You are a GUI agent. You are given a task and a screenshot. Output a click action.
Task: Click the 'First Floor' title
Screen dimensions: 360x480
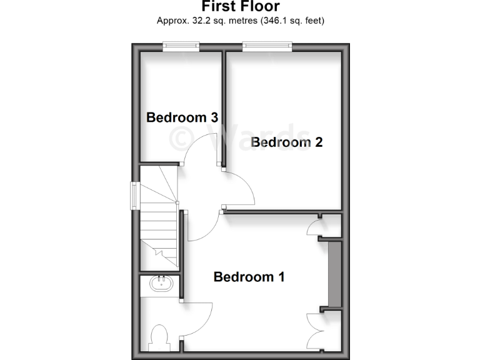(240, 6)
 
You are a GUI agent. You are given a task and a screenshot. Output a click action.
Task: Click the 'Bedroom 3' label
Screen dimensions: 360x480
(182, 117)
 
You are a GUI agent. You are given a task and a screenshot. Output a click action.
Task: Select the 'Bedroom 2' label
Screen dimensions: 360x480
(286, 142)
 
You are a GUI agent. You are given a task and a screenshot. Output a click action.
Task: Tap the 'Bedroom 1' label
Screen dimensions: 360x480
(249, 276)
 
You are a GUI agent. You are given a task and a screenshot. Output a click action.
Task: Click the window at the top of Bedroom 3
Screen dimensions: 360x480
(181, 46)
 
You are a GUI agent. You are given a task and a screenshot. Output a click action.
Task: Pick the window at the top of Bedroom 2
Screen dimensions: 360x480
(267, 46)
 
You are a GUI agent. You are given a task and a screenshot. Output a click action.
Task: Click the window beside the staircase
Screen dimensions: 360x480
(134, 195)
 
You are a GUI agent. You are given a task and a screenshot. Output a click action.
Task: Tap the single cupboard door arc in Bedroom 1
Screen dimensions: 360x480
(313, 227)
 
